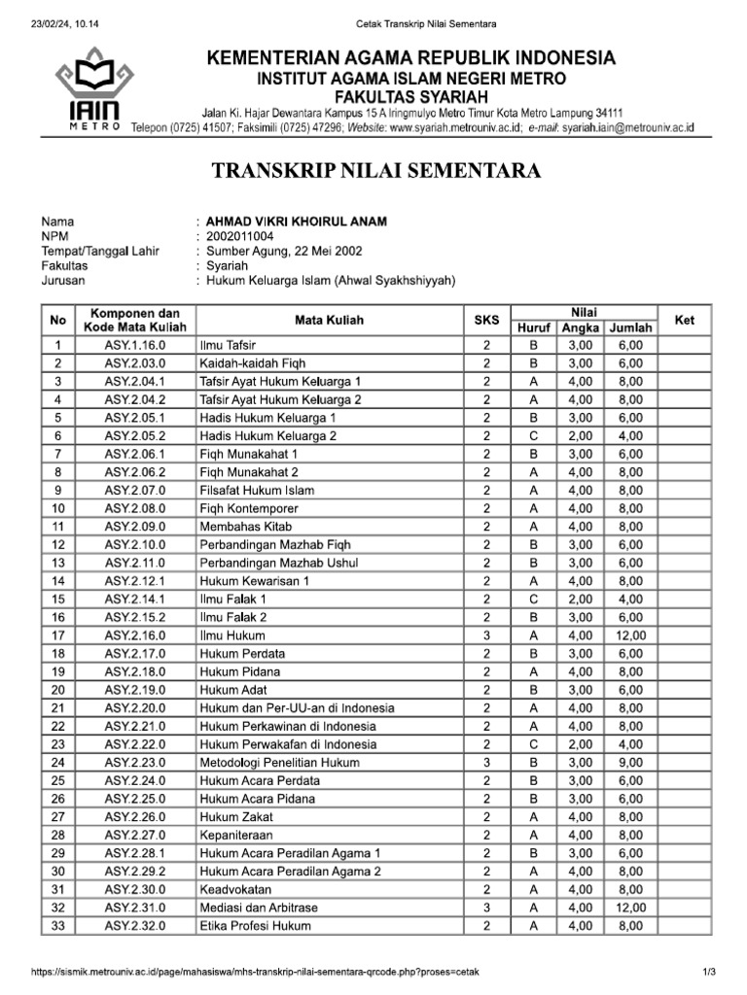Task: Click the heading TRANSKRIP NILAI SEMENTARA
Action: (375, 172)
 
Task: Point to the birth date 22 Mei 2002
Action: (329, 251)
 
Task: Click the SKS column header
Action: (485, 320)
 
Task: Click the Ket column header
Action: (684, 320)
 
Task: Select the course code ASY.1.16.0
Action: (135, 345)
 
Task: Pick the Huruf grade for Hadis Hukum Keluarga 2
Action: (533, 435)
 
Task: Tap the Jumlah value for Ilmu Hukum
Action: (629, 635)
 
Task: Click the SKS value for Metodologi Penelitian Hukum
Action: (485, 762)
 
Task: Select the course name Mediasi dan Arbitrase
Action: (259, 908)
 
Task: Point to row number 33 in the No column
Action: (58, 926)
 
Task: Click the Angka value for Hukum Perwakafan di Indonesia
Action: (580, 744)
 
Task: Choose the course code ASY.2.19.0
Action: (135, 690)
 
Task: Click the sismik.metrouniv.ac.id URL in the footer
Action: (256, 972)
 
